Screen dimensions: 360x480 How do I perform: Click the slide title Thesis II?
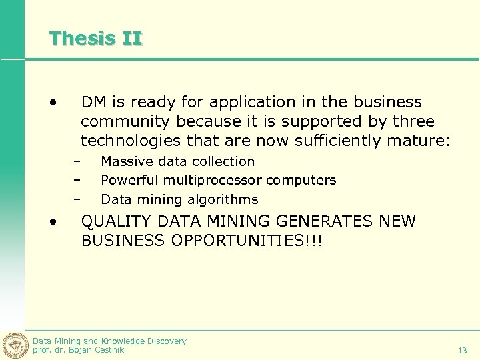click(95, 38)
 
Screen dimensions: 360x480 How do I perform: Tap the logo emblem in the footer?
click(15, 345)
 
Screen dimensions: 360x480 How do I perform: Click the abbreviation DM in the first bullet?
click(94, 102)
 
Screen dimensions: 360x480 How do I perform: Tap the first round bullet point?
click(52, 103)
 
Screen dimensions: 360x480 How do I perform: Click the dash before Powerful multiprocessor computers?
click(77, 180)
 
